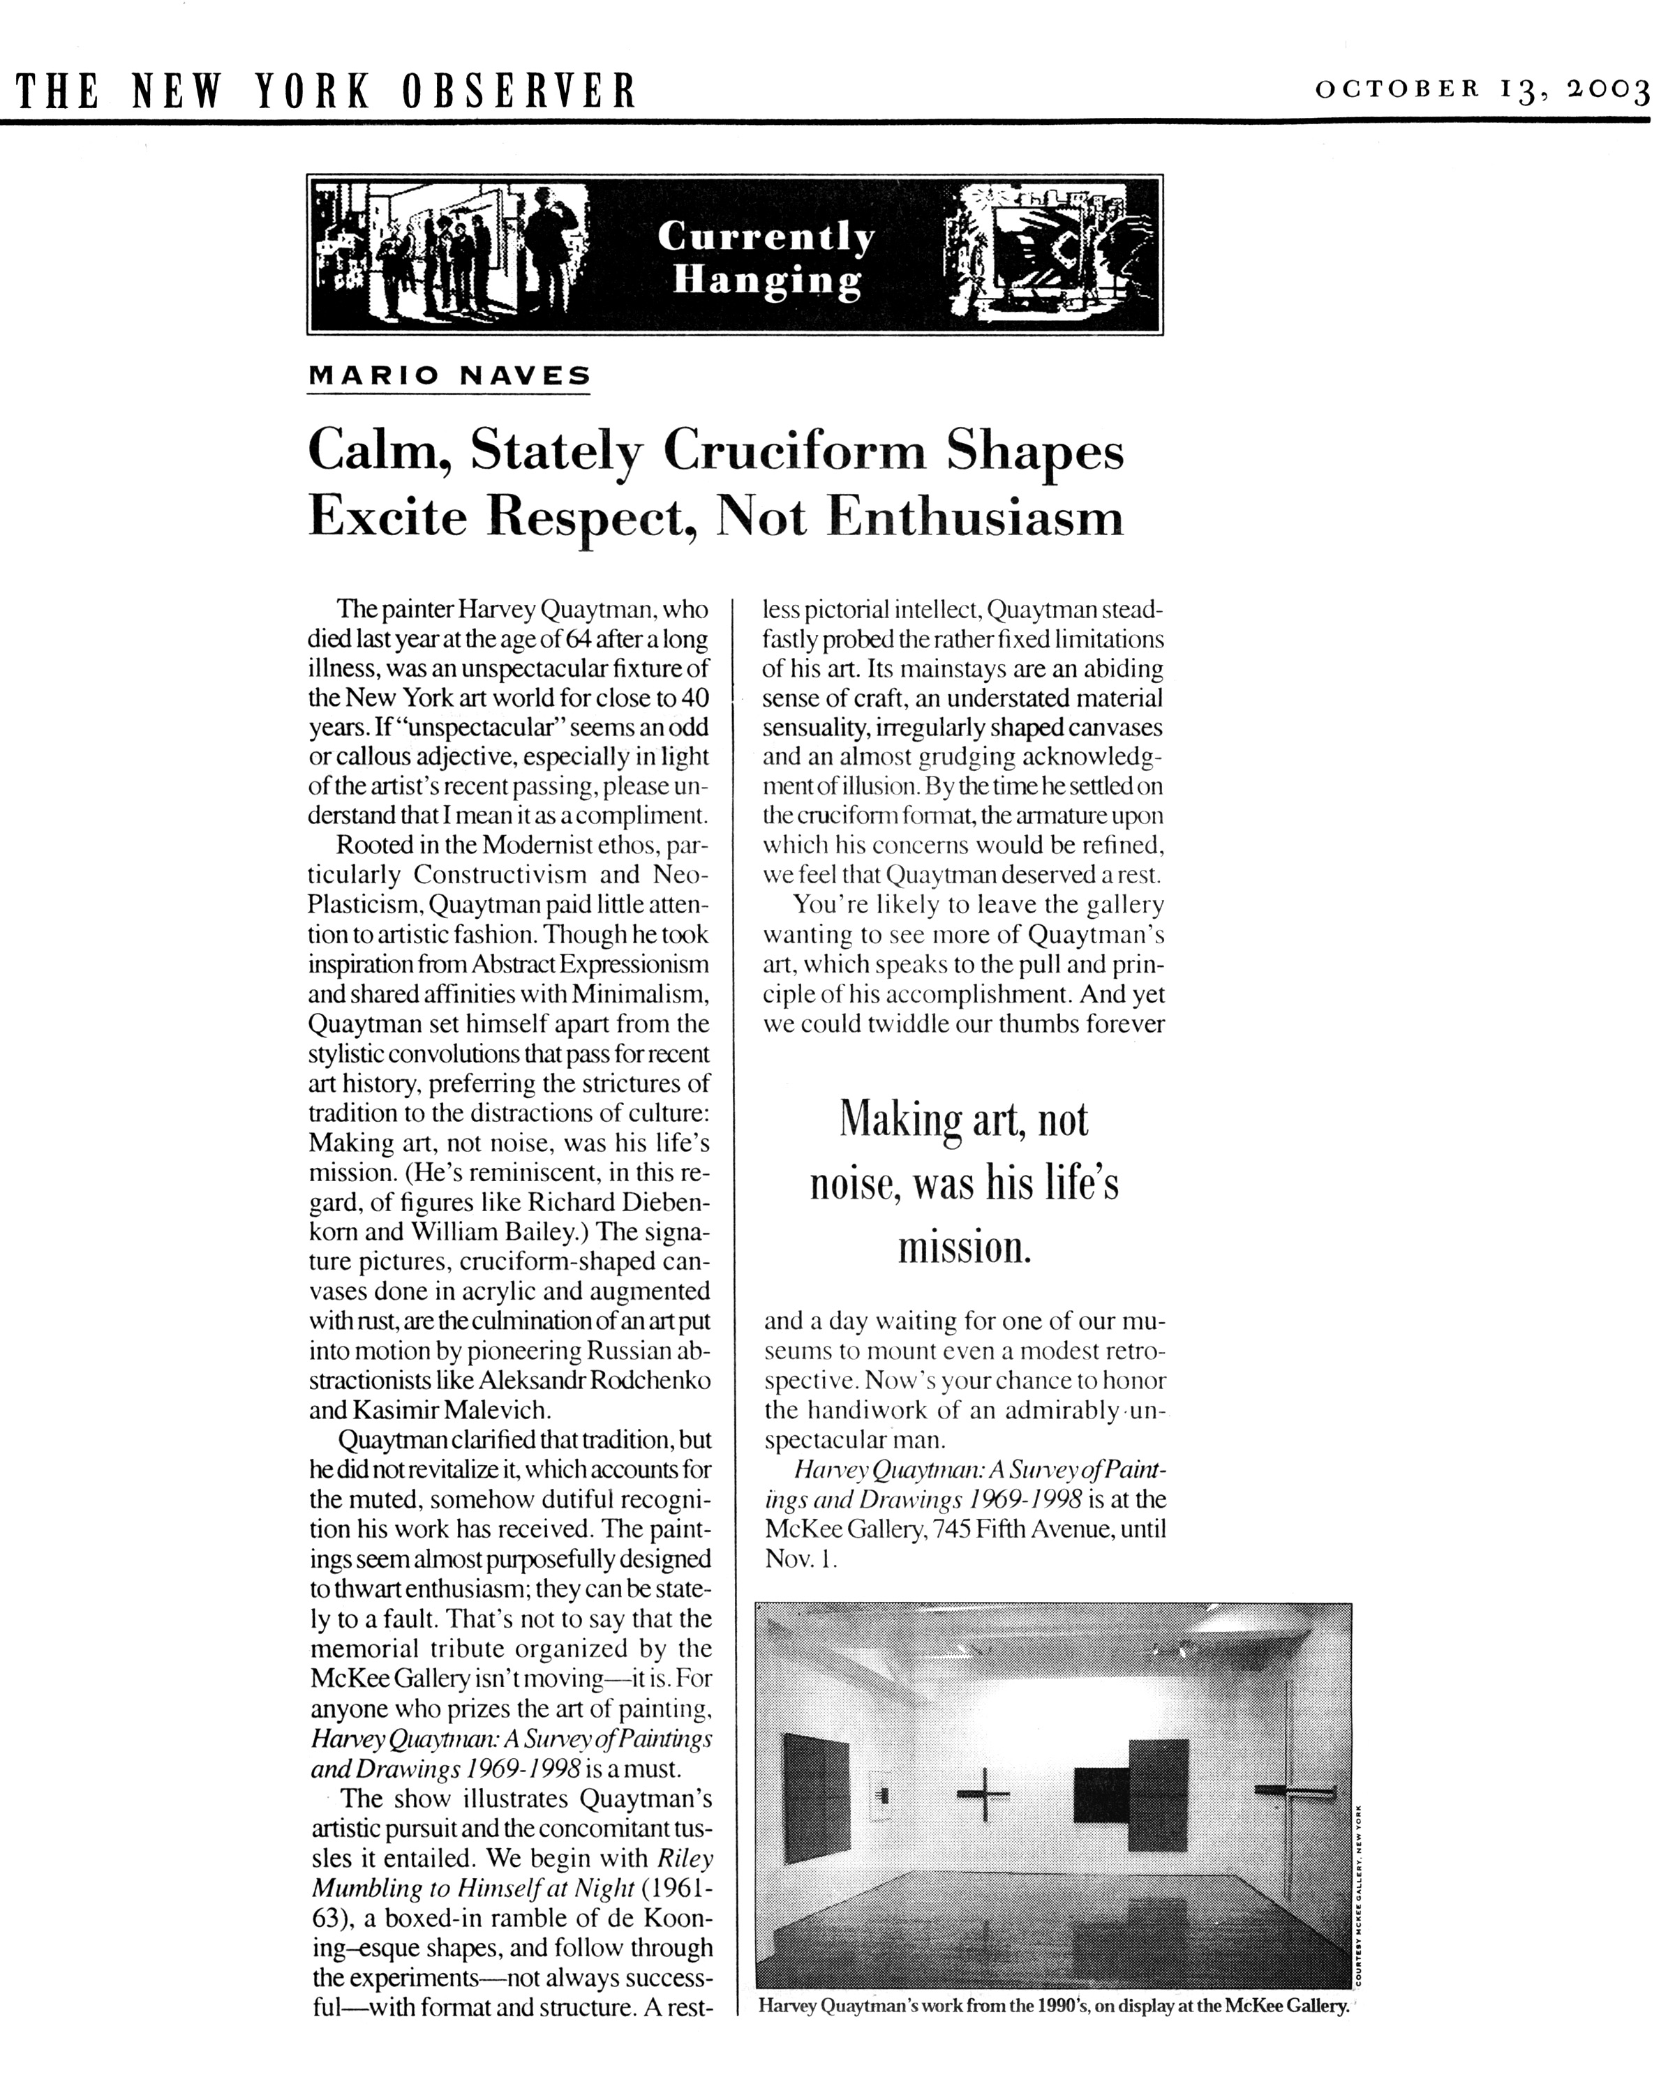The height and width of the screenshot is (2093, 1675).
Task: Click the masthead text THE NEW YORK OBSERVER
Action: (326, 91)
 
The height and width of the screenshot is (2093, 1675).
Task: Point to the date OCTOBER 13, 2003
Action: (1482, 91)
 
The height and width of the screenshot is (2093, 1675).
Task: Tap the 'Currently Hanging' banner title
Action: (766, 257)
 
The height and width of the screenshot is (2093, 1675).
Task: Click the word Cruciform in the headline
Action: (794, 451)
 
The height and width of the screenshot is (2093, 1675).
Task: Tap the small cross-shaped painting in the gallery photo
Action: (983, 1792)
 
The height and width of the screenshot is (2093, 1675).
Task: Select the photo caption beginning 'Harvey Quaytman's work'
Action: (1054, 2006)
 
